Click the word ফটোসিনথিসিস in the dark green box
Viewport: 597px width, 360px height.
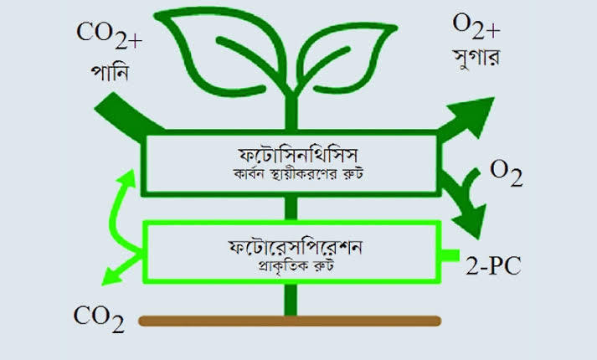point(298,155)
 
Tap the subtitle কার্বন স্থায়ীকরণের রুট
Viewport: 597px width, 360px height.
point(298,174)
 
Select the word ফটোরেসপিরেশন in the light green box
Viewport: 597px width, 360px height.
point(295,247)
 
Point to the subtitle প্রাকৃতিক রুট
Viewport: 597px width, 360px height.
point(296,265)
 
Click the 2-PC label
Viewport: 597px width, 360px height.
point(493,265)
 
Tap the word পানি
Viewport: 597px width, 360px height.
point(110,72)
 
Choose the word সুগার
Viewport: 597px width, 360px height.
point(476,59)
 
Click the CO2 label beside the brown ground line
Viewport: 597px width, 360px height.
point(99,319)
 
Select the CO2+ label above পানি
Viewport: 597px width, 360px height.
point(110,35)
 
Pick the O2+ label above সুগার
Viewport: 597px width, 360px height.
point(476,26)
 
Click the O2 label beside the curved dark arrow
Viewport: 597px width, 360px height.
point(506,173)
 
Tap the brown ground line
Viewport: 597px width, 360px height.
point(290,321)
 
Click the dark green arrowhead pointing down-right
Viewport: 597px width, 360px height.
point(471,221)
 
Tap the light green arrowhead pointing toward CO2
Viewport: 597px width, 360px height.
point(112,276)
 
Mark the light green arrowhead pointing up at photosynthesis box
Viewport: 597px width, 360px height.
point(128,179)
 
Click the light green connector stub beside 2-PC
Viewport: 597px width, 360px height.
point(450,255)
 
